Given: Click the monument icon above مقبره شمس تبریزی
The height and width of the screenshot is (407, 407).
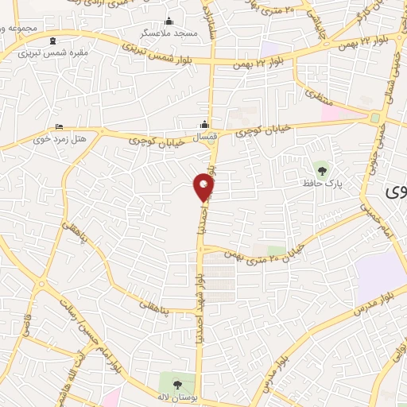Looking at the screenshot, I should [x=52, y=41].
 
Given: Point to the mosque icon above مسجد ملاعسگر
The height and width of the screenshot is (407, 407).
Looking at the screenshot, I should [x=167, y=21].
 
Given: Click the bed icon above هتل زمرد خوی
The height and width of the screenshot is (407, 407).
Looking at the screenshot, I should [x=60, y=126].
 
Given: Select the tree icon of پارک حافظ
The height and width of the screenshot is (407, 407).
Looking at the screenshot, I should [x=320, y=169].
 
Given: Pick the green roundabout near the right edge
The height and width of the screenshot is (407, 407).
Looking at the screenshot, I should [x=374, y=118].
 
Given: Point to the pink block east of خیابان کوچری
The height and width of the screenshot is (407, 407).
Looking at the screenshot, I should [x=333, y=114].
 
